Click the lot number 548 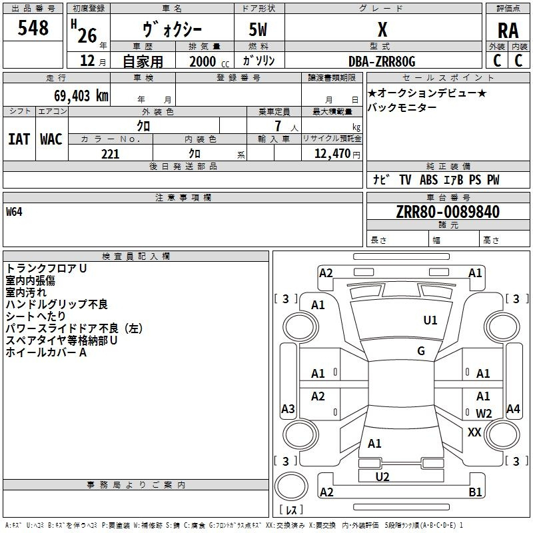[x=33, y=28]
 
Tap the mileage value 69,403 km [x=81, y=96]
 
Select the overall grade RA [x=508, y=31]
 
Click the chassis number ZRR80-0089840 [x=448, y=212]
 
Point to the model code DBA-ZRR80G [x=382, y=61]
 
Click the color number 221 [x=110, y=154]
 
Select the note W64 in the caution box [x=14, y=212]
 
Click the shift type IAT [x=19, y=139]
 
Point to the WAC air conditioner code [x=51, y=139]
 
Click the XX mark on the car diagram [x=474, y=432]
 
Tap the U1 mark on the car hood [x=430, y=320]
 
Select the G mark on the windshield [x=421, y=350]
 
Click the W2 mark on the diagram [x=484, y=413]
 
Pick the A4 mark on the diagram [x=513, y=408]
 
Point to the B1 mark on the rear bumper [x=475, y=492]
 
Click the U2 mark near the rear [x=382, y=476]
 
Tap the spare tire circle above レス [x=291, y=486]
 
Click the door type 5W [x=258, y=29]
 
